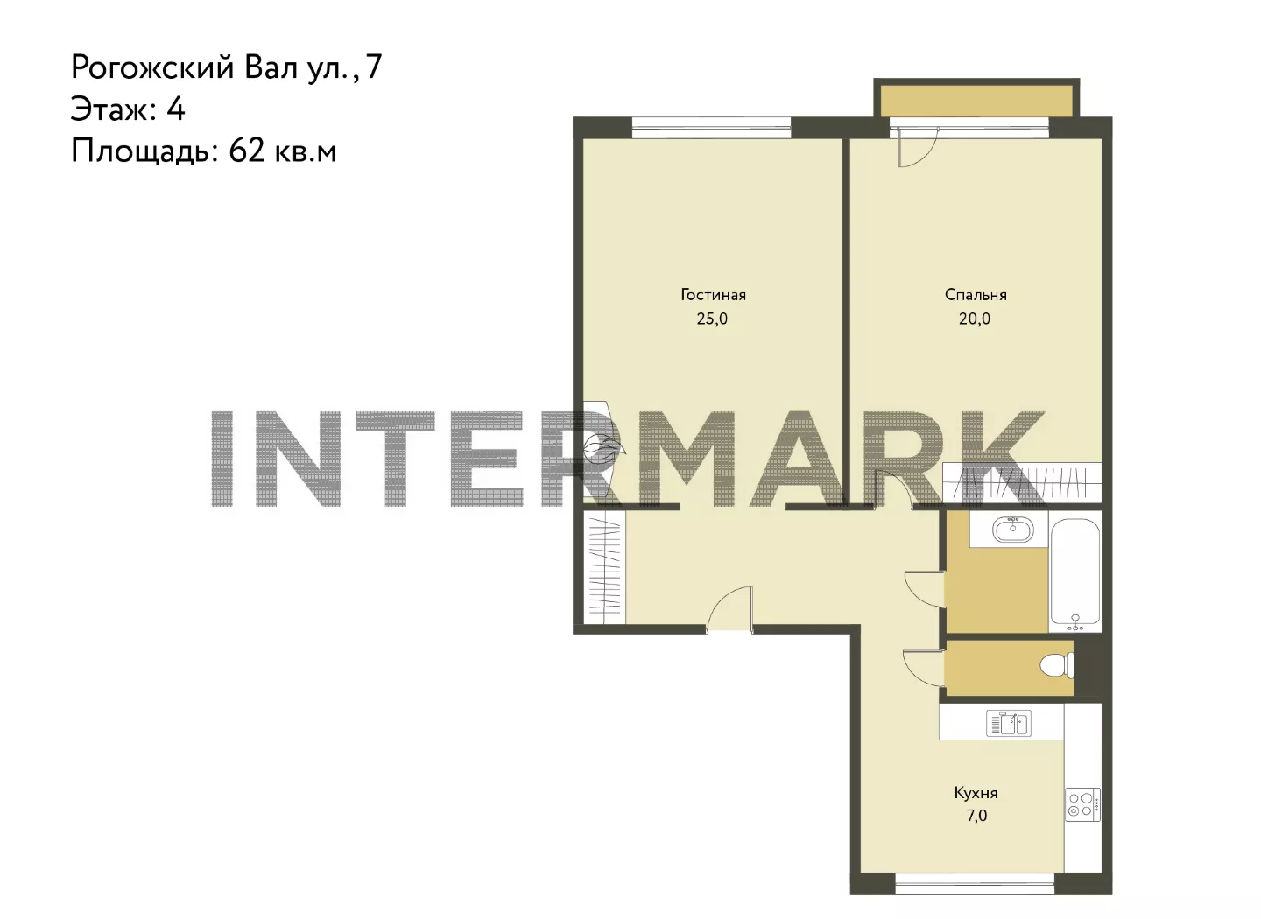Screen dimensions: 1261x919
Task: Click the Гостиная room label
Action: click(x=713, y=295)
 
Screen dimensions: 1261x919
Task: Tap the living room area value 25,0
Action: click(x=712, y=319)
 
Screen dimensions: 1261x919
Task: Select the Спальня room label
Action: click(x=976, y=295)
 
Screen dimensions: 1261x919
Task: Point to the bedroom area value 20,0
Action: click(x=975, y=319)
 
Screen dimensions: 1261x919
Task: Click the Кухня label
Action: click(x=976, y=793)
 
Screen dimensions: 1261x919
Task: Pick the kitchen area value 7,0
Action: click(x=977, y=816)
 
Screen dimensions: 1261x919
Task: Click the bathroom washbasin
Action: click(x=1013, y=530)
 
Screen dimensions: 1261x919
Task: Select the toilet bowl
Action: click(x=1056, y=667)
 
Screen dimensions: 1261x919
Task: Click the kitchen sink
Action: click(x=1009, y=723)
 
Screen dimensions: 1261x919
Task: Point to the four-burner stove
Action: click(x=1083, y=805)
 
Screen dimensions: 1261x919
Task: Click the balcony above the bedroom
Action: click(x=976, y=101)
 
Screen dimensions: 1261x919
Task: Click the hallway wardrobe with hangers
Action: click(x=604, y=566)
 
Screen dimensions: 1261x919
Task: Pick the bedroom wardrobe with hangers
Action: click(x=1022, y=482)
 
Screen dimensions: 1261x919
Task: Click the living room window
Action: click(x=712, y=127)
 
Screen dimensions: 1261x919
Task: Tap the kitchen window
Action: click(x=975, y=883)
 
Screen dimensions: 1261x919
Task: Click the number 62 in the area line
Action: click(x=247, y=151)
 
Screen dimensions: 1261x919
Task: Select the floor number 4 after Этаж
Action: click(x=175, y=109)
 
